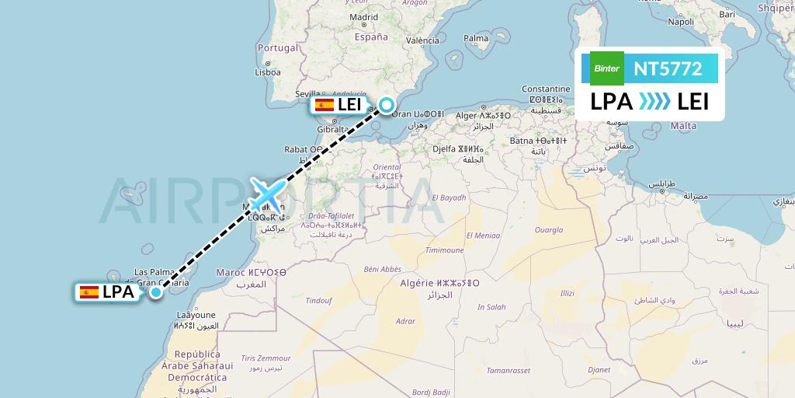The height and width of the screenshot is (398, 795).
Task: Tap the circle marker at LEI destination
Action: click(386, 104)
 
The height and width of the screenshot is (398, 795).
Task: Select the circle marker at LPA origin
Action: click(156, 292)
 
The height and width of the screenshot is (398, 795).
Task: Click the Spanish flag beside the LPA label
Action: click(89, 292)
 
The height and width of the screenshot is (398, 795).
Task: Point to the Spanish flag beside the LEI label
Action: click(324, 105)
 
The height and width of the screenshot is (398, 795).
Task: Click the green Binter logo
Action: click(606, 68)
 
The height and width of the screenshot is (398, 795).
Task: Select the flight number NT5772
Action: click(668, 69)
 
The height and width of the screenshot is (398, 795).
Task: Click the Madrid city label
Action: click(363, 17)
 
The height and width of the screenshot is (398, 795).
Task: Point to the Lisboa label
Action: click(267, 72)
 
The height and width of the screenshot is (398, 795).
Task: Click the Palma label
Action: click(476, 37)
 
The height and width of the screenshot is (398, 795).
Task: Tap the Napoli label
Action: click(681, 22)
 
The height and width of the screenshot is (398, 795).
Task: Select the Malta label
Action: click(683, 126)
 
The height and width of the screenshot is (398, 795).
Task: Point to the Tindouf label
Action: click(318, 300)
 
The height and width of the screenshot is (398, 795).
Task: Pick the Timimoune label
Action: click(445, 250)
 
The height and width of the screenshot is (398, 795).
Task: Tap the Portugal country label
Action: click(277, 48)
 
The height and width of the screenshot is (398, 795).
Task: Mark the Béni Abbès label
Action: click(382, 269)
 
